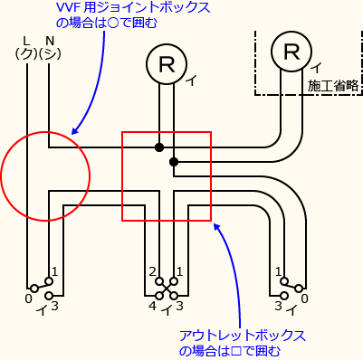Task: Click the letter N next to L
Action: [x=49, y=41]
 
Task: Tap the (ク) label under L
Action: [x=25, y=54]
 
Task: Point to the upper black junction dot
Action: [x=159, y=147]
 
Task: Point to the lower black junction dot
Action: [x=173, y=162]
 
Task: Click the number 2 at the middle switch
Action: [x=152, y=272]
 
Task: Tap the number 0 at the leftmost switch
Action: [x=28, y=298]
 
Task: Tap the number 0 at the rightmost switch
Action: [x=304, y=298]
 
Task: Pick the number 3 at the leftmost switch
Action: [x=55, y=307]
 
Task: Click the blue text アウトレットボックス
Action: [x=242, y=336]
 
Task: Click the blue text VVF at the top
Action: [x=69, y=7]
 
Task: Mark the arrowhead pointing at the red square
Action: [x=215, y=223]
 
